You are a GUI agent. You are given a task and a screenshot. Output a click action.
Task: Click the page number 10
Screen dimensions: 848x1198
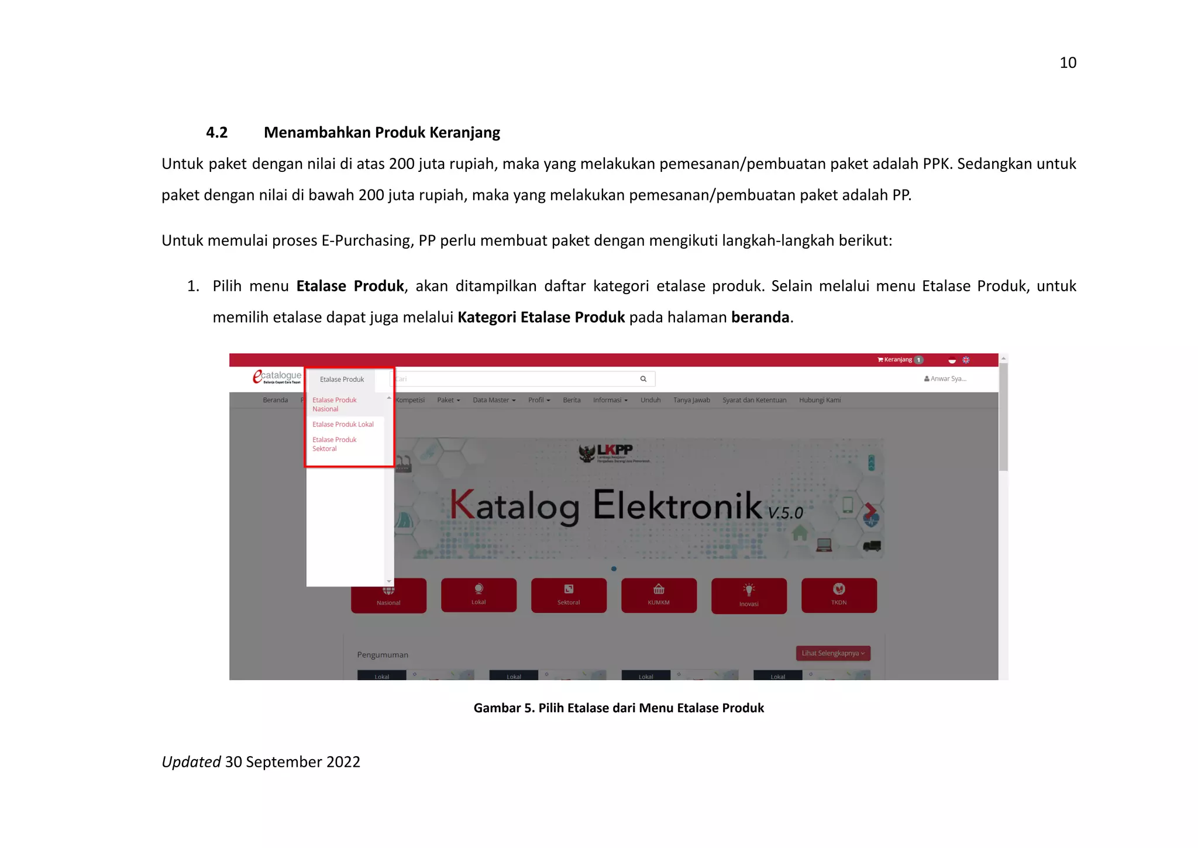[x=1068, y=63]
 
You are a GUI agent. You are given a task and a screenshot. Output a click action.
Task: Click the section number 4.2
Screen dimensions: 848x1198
[x=216, y=133]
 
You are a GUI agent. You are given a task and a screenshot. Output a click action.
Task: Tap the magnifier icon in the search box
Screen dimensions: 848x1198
[x=643, y=379]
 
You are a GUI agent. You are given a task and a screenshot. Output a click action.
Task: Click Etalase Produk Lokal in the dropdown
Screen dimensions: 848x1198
[x=343, y=425]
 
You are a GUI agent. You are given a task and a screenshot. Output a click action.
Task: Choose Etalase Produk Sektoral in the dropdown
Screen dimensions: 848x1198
[x=334, y=444]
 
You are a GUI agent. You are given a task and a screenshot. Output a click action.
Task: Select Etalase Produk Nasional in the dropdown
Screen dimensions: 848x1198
[x=334, y=404]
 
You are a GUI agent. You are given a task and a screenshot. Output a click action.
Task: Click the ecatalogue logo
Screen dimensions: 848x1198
[x=277, y=377]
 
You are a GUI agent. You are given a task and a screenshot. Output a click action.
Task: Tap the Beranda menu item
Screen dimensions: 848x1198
[x=275, y=400]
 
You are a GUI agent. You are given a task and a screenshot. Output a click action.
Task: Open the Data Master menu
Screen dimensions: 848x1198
[x=494, y=400]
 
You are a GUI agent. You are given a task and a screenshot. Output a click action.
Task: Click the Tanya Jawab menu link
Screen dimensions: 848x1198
[x=691, y=400]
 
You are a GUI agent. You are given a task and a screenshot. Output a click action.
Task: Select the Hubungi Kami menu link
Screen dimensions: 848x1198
[x=820, y=400]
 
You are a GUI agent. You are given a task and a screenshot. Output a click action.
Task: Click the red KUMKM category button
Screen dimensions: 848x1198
[x=659, y=595]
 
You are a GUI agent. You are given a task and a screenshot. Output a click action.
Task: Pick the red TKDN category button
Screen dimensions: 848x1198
[x=838, y=595]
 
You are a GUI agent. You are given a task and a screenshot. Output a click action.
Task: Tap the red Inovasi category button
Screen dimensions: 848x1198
[x=749, y=595]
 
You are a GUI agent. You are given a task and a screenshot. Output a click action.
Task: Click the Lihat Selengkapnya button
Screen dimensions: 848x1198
[x=832, y=653]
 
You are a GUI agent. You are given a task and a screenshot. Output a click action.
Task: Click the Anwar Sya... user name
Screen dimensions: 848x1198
[x=945, y=379]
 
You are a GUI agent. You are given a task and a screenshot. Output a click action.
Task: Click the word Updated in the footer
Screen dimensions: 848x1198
[x=191, y=762]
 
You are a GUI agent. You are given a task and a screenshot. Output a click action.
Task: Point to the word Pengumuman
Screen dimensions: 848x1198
[x=383, y=655]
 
